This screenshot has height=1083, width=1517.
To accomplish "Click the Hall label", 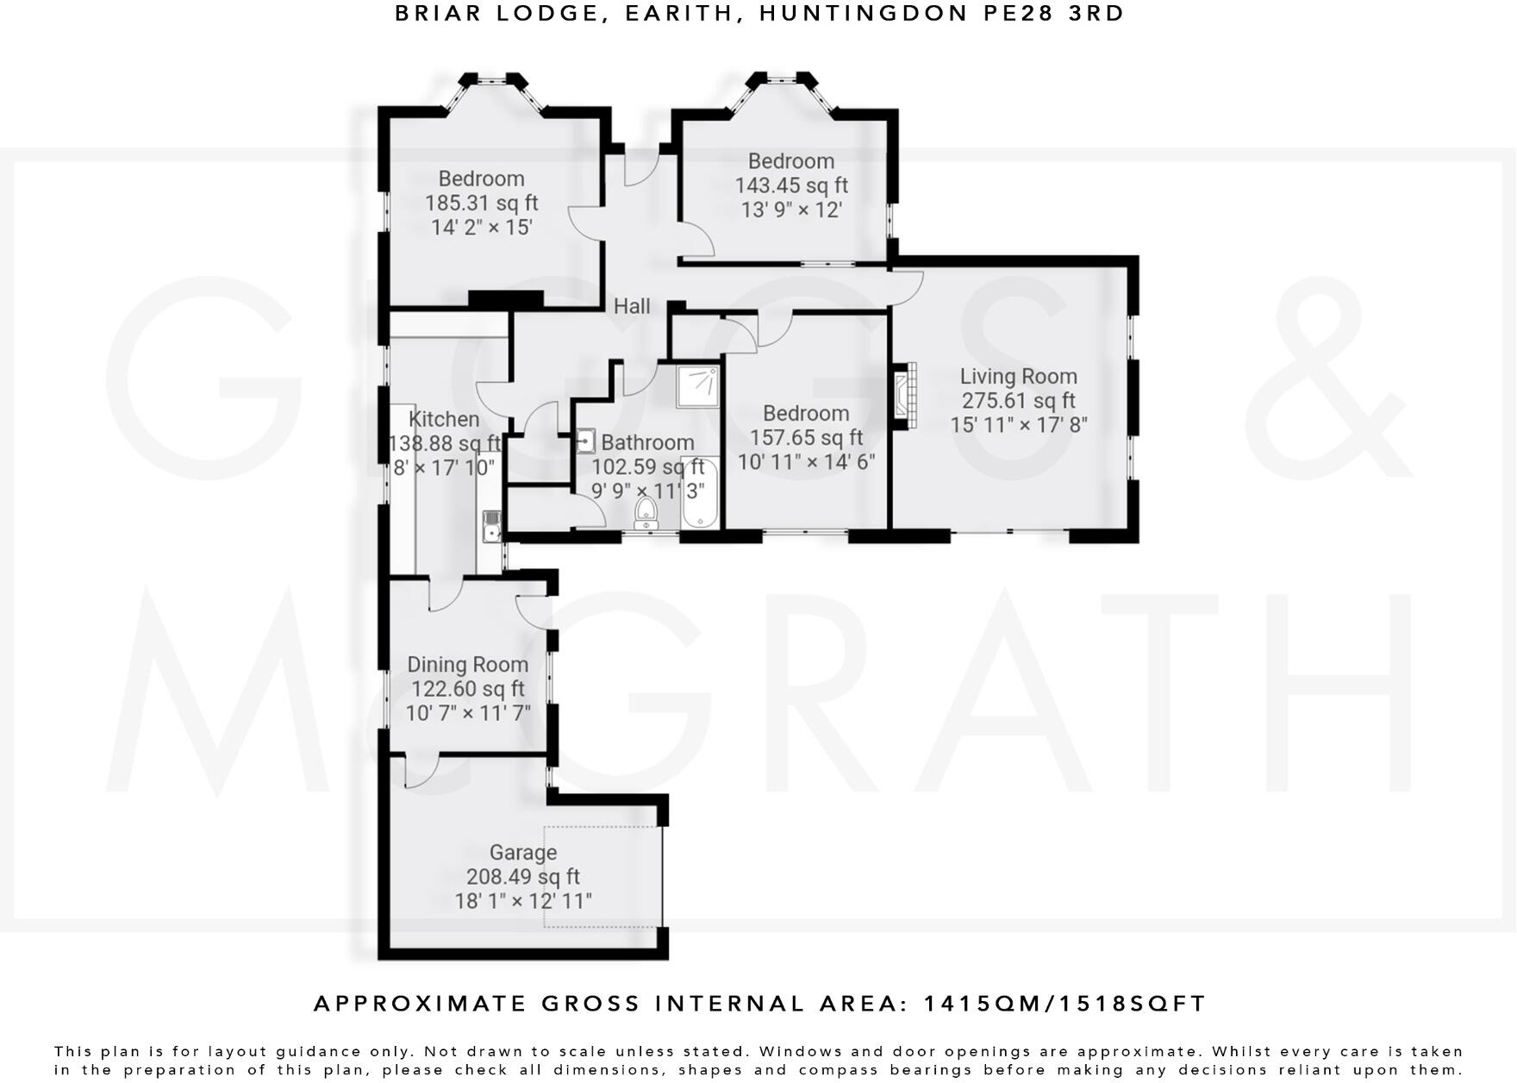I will click(x=632, y=306).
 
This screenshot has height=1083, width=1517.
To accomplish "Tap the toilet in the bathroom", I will click(x=646, y=515).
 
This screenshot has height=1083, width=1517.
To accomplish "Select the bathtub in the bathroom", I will click(x=699, y=494).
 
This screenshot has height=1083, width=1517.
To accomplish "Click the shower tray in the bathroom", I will click(x=698, y=385).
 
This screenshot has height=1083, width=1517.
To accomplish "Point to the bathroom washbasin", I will click(x=586, y=441).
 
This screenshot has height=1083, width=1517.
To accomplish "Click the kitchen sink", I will click(x=491, y=525).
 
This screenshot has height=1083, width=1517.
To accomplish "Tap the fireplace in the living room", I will click(x=903, y=396).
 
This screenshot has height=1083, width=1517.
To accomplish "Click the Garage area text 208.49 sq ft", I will click(x=523, y=877).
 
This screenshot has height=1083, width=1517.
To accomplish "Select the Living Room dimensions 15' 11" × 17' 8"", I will click(x=1019, y=425).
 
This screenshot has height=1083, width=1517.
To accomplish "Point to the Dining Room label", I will click(x=467, y=665).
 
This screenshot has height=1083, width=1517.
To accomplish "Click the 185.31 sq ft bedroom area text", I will click(x=481, y=203).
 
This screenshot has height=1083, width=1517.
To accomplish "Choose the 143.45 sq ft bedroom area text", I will click(x=791, y=185).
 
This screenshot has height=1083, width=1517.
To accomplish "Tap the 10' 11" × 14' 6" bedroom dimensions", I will click(x=806, y=462).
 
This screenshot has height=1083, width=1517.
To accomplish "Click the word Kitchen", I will click(x=444, y=419).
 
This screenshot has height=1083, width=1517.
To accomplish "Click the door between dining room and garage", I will click(x=421, y=770).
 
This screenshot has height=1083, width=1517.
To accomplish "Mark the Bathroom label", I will click(x=647, y=443).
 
